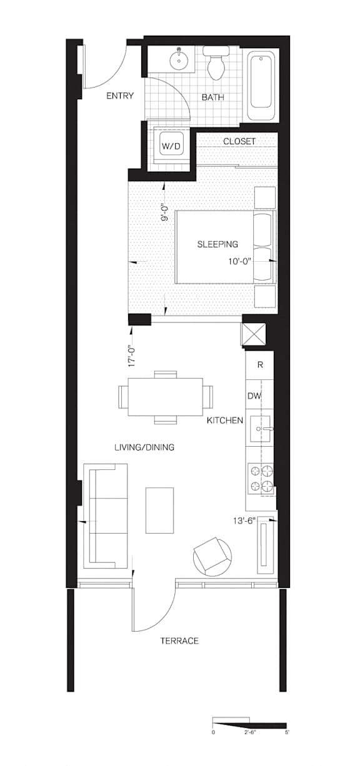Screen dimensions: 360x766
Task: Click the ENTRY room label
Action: click(120, 96)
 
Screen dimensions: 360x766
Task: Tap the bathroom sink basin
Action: click(179, 61)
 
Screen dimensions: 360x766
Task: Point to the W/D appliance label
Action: click(171, 146)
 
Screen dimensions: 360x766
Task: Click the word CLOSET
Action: click(239, 141)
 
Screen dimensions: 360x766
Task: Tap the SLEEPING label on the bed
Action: click(217, 244)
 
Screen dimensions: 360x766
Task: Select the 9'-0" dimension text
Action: click(165, 213)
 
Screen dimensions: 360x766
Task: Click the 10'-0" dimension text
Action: click(240, 262)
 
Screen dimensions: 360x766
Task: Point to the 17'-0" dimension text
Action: click(132, 357)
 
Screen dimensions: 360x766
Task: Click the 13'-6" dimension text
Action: click(244, 521)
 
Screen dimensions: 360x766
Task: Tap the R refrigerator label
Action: click(260, 365)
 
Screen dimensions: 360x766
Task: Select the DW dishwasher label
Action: click(254, 396)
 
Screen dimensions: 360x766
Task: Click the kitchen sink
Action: click(260, 429)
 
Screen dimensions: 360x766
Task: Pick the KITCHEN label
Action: click(225, 420)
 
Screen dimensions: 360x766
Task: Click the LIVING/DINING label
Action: click(144, 447)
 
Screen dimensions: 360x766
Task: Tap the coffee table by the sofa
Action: click(159, 510)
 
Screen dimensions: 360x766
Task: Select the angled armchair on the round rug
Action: click(212, 556)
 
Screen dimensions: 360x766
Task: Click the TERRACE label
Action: click(179, 641)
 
